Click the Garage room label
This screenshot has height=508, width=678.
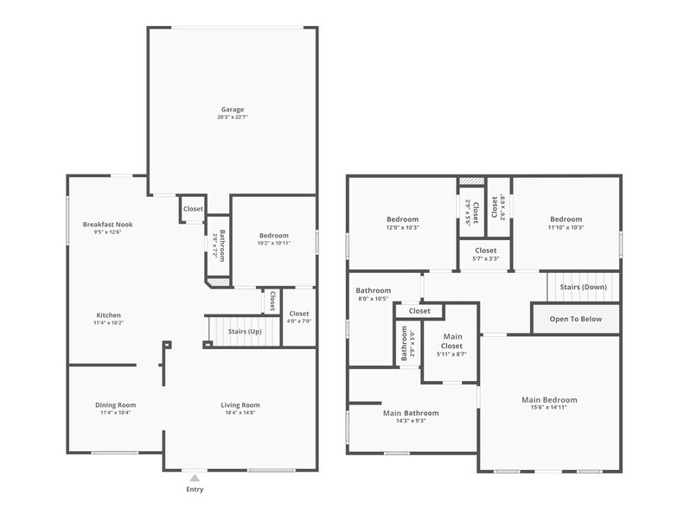click(x=232, y=110)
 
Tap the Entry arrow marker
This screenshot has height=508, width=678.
click(x=195, y=477)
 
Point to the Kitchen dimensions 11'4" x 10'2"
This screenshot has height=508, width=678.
click(x=108, y=323)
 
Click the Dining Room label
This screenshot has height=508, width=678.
click(x=115, y=405)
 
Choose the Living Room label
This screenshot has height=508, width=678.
click(x=240, y=405)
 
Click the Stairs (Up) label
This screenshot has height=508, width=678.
click(x=245, y=332)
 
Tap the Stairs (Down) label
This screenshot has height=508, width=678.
click(x=583, y=287)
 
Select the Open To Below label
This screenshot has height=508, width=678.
click(x=576, y=319)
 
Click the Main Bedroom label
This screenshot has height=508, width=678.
click(x=549, y=400)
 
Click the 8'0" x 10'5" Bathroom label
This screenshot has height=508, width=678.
click(x=374, y=291)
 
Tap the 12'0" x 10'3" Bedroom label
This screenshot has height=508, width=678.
click(x=402, y=219)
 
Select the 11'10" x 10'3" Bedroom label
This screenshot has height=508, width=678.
click(x=566, y=219)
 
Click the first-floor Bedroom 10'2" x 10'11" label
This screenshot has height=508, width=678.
click(x=274, y=235)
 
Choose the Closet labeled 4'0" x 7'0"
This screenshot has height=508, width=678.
click(x=299, y=314)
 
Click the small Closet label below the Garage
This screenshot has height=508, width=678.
click(x=193, y=209)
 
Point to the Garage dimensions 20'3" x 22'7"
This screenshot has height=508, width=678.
click(x=232, y=117)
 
